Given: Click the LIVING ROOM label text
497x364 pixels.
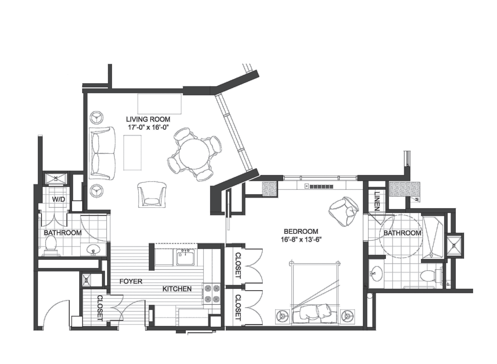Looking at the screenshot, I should tap(148, 119).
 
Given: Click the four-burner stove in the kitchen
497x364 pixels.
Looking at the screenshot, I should tap(212, 293).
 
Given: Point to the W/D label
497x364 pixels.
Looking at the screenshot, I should tap(58, 199).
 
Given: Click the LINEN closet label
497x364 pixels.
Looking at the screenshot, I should tap(377, 201).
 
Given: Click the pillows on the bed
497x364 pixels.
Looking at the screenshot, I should tap(316, 313).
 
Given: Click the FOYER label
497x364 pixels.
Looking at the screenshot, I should tap(131, 281).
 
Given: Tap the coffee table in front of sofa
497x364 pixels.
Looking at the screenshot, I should tap(132, 153).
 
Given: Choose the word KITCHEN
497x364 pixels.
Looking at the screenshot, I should tap(177, 289).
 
